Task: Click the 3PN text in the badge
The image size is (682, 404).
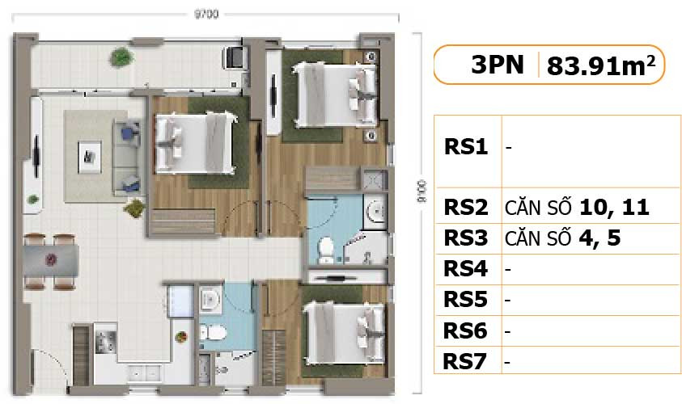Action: tap(498, 65)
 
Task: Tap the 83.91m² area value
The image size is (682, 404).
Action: tap(600, 65)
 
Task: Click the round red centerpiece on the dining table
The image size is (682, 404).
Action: tap(52, 260)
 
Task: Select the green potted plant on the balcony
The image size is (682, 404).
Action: tap(121, 57)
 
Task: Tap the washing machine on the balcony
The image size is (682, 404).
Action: tap(235, 57)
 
